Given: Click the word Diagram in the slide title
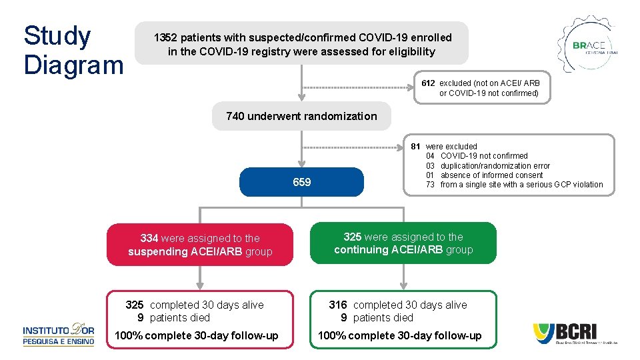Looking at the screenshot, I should coord(73,65).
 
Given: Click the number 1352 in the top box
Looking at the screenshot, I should coord(165,38).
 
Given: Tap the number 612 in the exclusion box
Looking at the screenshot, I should coord(428,83).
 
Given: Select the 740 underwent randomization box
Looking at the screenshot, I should coord(301,116).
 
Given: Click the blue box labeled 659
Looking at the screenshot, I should coord(302,182).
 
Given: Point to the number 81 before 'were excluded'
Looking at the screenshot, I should coord(415,146).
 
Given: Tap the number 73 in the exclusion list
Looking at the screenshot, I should coord(431,185).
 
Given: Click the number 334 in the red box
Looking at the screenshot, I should coord(149,238).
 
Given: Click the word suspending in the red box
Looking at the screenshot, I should coord(158,252).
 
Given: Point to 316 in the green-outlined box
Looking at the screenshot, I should coord(338,305).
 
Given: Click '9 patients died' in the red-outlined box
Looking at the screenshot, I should coord(174,317).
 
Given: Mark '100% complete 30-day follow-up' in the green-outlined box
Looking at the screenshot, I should coord(399,335).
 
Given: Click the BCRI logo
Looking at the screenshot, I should coord(575,333).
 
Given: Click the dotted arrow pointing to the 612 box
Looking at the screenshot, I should coord(360,88).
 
